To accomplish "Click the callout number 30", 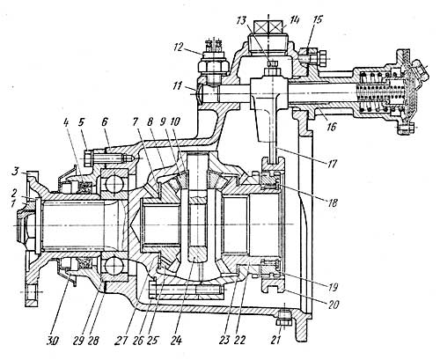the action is (x=54, y=341).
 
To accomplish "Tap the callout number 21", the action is (x=275, y=340).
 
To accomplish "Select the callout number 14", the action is (x=294, y=20).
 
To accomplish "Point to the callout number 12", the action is (x=179, y=47).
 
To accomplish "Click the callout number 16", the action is (x=332, y=127).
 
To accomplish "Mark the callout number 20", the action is (x=333, y=305).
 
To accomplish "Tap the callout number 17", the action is (x=332, y=164).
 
